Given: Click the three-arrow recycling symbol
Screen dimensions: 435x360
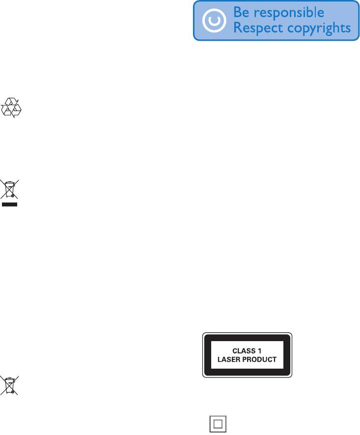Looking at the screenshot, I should pyautogui.click(x=12, y=108).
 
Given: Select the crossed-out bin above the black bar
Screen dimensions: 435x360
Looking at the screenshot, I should pyautogui.click(x=10, y=189).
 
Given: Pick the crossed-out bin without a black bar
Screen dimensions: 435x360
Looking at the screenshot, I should pyautogui.click(x=10, y=386).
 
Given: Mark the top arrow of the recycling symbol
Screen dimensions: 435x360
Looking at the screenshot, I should pyautogui.click(x=12, y=102).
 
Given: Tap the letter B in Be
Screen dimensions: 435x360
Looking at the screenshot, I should pyautogui.click(x=238, y=12).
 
